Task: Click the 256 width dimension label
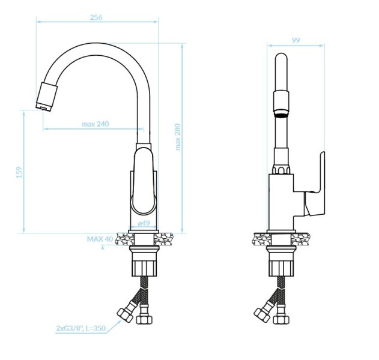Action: [x=96, y=17]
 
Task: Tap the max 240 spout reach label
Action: [x=96, y=124]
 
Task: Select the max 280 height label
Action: [x=178, y=137]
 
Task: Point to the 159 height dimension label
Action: [x=19, y=172]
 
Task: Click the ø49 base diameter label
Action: [x=144, y=223]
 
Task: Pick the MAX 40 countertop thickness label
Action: [x=100, y=239]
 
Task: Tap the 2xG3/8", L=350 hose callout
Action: [x=81, y=328]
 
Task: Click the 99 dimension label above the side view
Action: [x=296, y=40]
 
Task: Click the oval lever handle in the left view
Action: [x=143, y=181]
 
